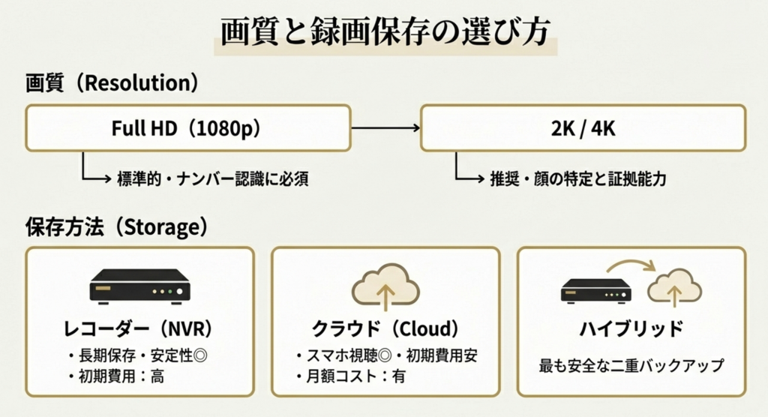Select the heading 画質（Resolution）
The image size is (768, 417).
(x=112, y=82)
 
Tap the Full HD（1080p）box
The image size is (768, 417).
(x=188, y=128)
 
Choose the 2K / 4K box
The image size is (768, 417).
(x=583, y=128)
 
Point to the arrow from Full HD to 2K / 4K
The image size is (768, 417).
(x=385, y=128)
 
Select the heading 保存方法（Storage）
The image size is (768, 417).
(x=116, y=226)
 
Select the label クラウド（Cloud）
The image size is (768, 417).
(x=385, y=328)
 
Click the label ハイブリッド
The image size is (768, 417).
(x=631, y=328)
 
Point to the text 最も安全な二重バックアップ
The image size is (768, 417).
(x=631, y=366)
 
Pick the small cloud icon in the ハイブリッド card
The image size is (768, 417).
(x=674, y=288)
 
